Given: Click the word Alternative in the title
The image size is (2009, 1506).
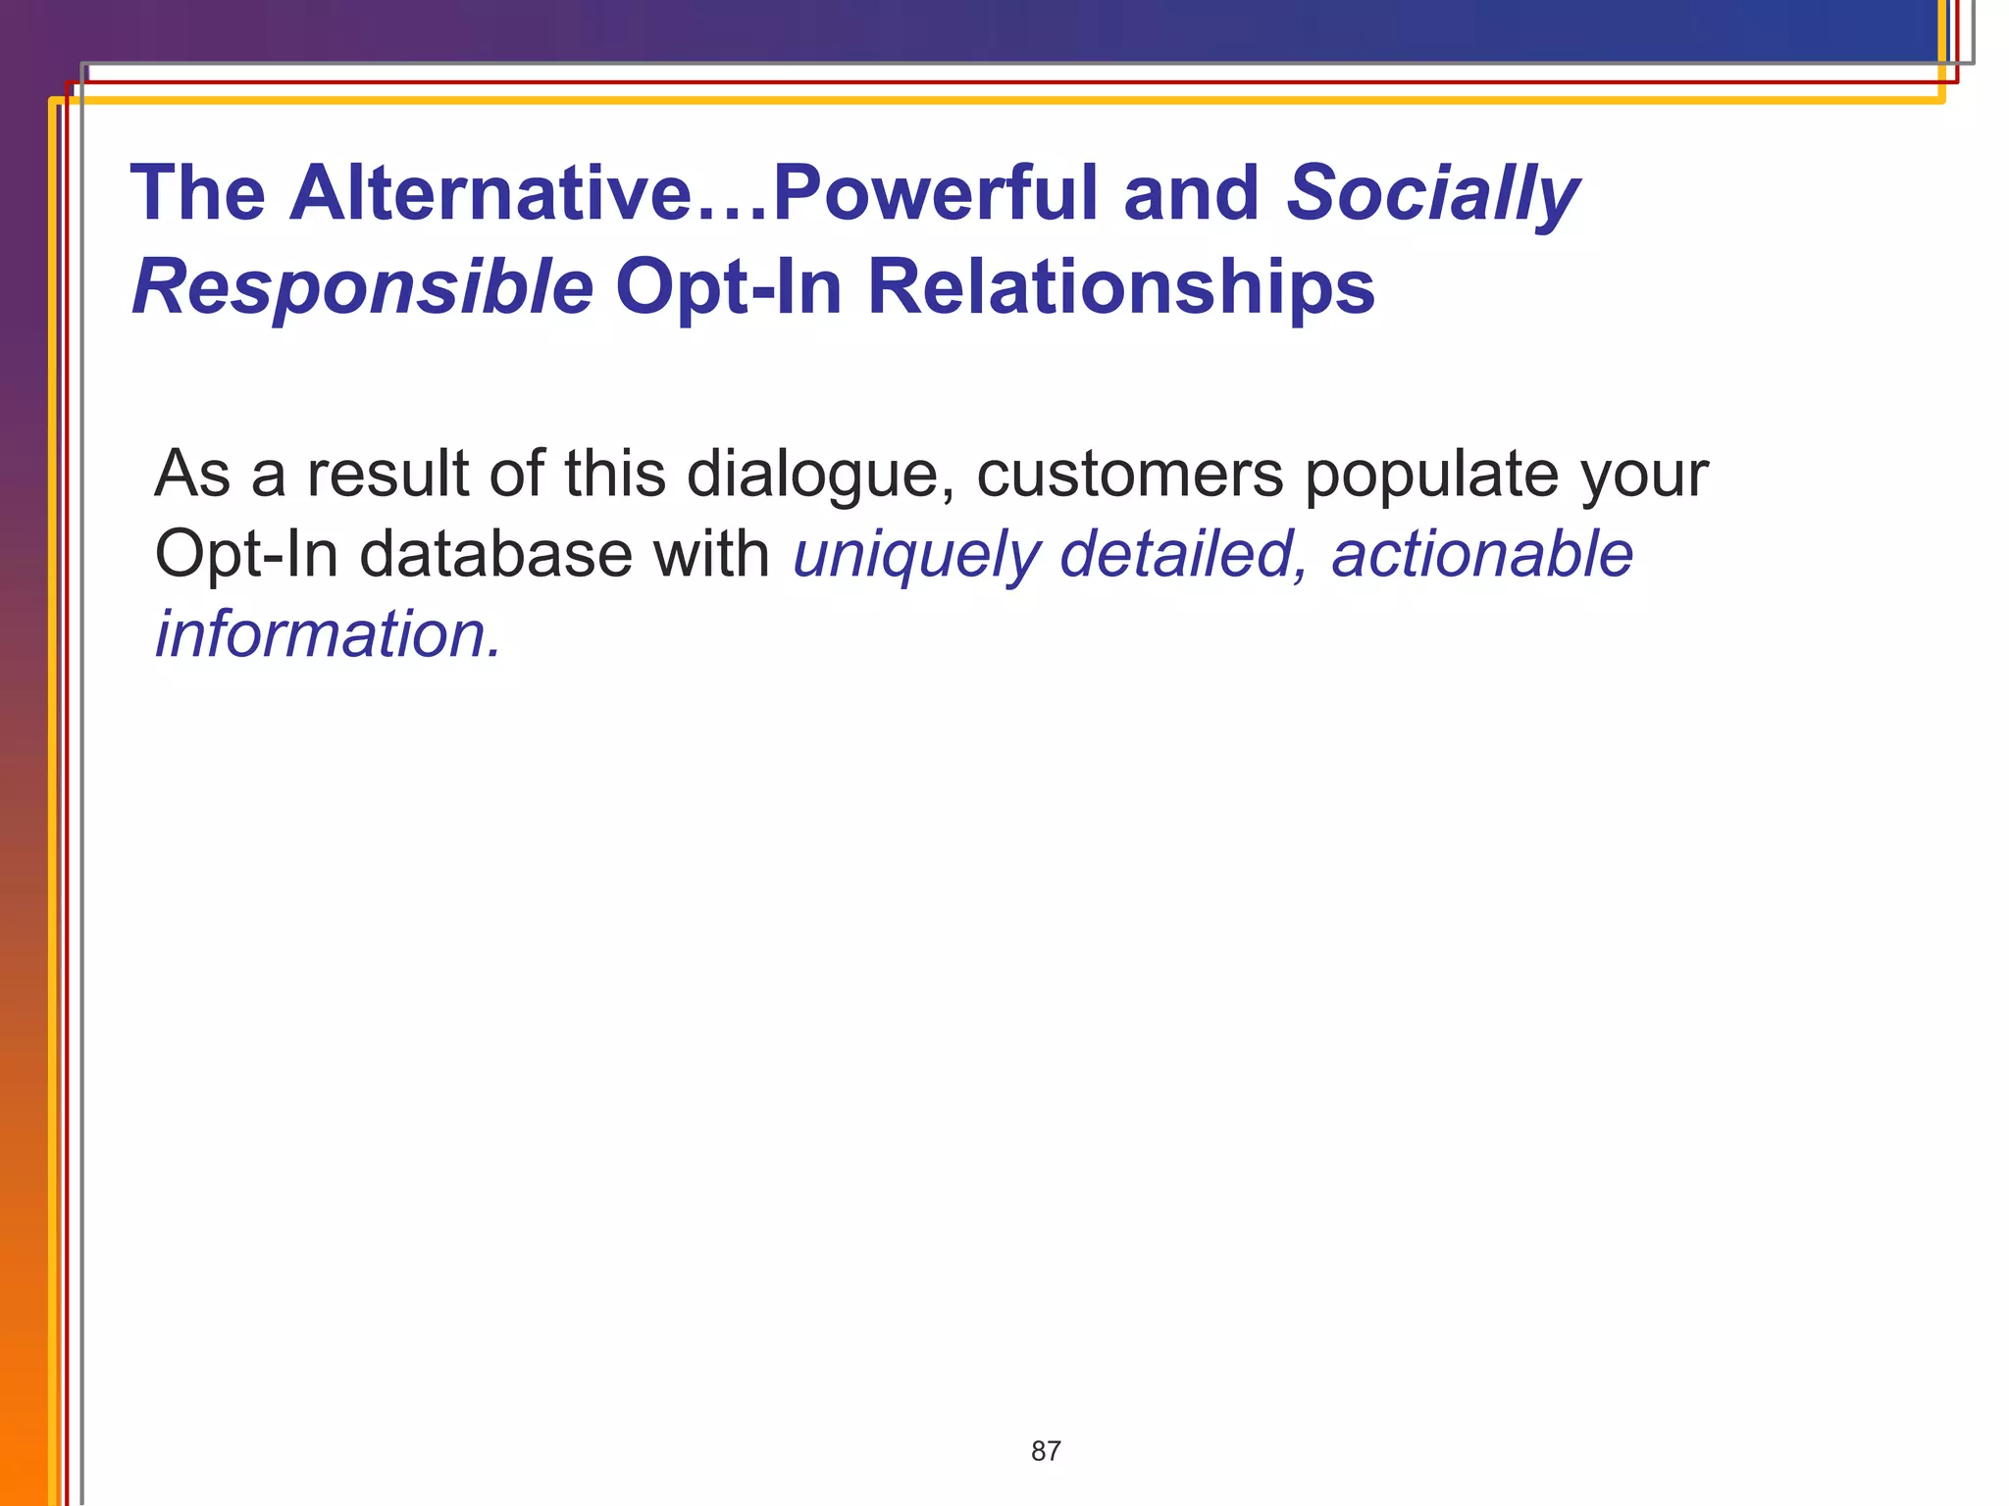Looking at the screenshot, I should coord(490,193).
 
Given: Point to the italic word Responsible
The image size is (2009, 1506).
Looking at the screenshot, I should coord(362,287).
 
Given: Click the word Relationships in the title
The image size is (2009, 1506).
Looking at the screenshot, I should coord(1120,287).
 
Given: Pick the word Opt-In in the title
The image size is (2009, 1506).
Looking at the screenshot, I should coord(728,287).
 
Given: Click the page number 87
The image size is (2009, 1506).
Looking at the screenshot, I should coord(1046,1451).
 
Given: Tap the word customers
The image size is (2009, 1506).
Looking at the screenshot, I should coord(1129,475).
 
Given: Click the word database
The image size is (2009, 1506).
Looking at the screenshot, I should coord(495,555).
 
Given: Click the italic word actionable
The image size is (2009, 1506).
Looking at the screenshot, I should coord(1481,555).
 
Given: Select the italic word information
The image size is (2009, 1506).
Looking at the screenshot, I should coord(328,635).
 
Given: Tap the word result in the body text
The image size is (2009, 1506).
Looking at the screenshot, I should coord(388,475).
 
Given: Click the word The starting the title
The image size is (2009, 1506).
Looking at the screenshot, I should coord(197,193).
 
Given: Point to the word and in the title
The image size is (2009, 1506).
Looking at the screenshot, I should coord(1191,193).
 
